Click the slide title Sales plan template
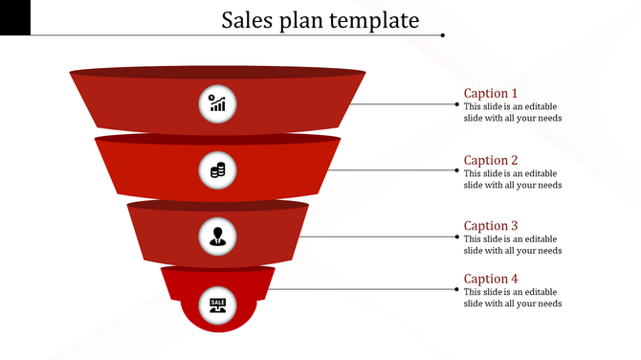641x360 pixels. tap(320, 19)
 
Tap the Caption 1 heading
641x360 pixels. tap(491, 93)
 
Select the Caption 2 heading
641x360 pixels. tap(491, 160)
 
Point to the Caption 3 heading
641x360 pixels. tap(491, 226)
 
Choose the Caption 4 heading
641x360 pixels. tap(491, 279)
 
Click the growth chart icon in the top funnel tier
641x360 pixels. tap(218, 103)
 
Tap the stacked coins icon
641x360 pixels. tap(218, 170)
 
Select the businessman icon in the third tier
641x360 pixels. tap(218, 236)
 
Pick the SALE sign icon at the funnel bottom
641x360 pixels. tap(218, 304)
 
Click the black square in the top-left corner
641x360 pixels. tap(15, 17)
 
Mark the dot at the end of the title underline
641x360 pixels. tap(443, 35)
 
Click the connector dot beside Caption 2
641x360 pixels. tap(456, 170)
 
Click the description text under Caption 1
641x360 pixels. tap(512, 112)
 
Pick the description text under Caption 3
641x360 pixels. tap(512, 245)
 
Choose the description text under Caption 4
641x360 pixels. tap(512, 298)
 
